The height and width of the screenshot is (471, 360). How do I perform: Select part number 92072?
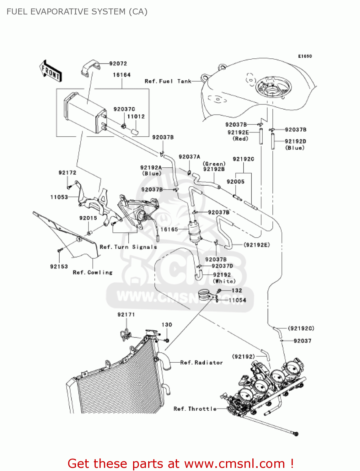pos(118,64)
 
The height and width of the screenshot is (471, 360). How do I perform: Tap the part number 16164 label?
pos(122,75)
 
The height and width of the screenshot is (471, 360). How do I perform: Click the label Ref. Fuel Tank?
pos(168,81)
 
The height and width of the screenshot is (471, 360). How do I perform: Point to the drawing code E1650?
pos(305,56)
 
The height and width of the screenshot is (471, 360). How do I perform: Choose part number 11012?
pos(136,116)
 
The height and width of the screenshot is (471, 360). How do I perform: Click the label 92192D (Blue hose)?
pos(295,144)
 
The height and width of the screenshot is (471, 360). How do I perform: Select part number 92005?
pos(235,181)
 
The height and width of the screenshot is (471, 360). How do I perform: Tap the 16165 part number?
pos(169,230)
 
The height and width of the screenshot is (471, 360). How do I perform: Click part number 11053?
pos(59,197)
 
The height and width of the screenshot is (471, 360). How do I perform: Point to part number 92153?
pos(59,267)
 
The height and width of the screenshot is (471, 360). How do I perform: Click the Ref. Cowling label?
pos(93,273)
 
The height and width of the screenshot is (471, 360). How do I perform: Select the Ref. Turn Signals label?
pos(128,247)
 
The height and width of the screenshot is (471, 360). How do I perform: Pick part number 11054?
pos(237,300)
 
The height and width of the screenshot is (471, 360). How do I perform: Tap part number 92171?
pos(126,315)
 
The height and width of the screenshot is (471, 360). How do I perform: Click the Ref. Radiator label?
pos(201,363)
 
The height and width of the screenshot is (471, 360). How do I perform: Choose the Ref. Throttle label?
pos(195,409)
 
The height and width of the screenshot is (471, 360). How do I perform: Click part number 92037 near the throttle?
pos(302,341)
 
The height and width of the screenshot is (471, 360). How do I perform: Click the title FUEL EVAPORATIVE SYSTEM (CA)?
pos(77,12)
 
